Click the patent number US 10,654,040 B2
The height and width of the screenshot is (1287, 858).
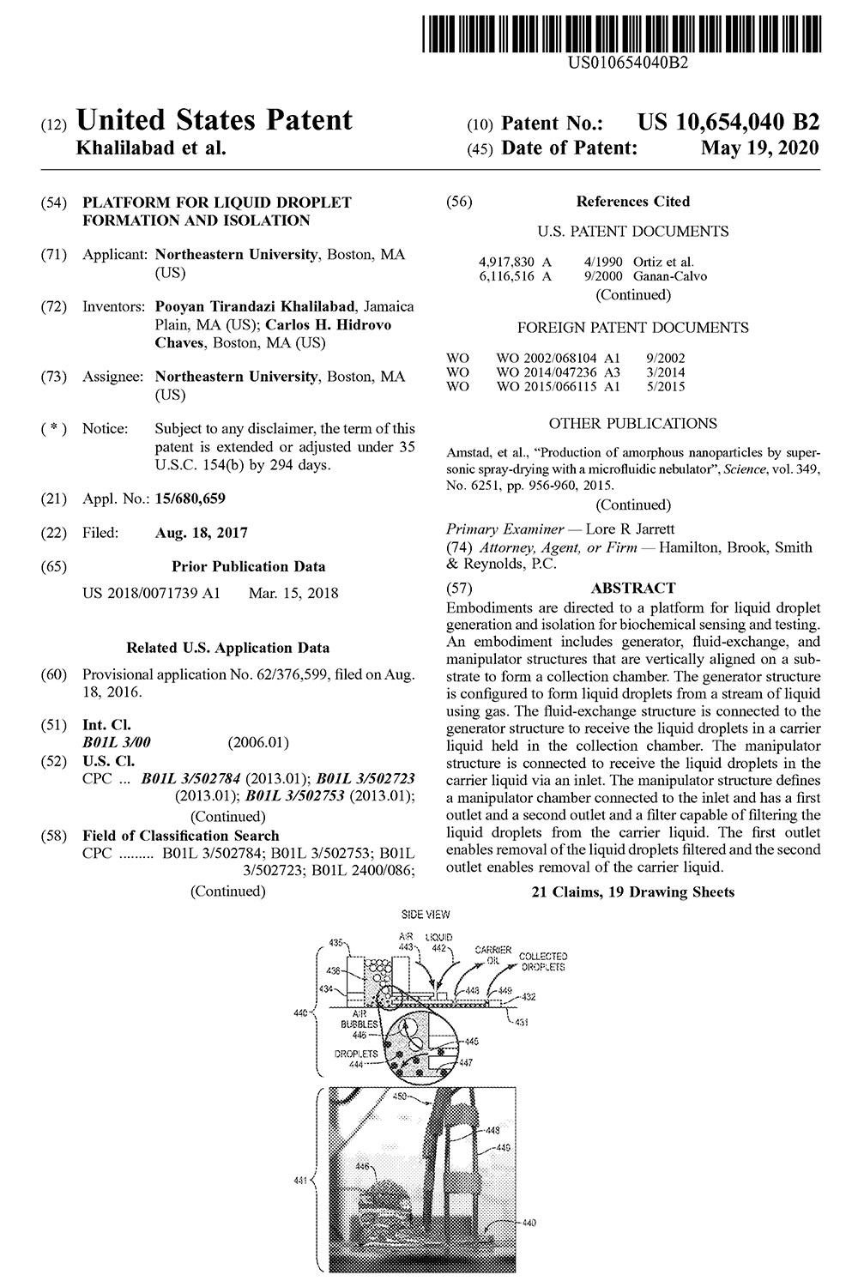pos(728,122)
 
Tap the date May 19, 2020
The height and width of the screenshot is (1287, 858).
pos(759,148)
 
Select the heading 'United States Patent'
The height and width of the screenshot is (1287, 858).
pos(214,121)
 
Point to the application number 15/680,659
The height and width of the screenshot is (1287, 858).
pos(190,498)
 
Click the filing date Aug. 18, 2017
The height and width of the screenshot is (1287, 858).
pos(201,533)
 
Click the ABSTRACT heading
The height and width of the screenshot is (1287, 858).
pos(633,588)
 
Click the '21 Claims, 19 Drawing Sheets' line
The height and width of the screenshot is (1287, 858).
pos(633,892)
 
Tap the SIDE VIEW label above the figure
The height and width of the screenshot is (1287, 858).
pos(426,915)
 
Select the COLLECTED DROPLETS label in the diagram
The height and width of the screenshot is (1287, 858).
pos(542,962)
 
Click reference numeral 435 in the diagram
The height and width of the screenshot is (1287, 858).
pos(337,941)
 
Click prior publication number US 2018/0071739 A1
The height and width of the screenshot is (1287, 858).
pos(151,593)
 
